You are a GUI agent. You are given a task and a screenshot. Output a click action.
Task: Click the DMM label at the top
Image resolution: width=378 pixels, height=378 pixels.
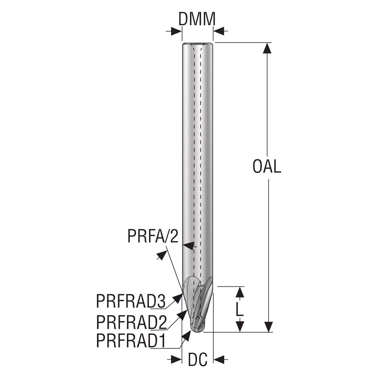197,19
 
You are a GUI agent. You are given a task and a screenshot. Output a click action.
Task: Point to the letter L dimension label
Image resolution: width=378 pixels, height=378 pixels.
239,308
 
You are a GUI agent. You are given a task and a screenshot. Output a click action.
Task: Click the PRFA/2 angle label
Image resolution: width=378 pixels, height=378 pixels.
153,236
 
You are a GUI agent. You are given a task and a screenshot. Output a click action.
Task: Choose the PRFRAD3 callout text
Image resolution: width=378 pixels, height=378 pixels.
131,301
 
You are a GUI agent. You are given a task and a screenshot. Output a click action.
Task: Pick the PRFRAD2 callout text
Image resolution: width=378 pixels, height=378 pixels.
131,323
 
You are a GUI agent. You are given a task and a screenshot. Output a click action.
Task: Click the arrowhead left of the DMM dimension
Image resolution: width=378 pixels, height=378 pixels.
176,31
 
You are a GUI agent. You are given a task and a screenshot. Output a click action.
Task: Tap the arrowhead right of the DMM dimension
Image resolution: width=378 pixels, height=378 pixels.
219,31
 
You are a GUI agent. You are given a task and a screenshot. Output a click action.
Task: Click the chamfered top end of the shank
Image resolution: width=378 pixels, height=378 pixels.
198,44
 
